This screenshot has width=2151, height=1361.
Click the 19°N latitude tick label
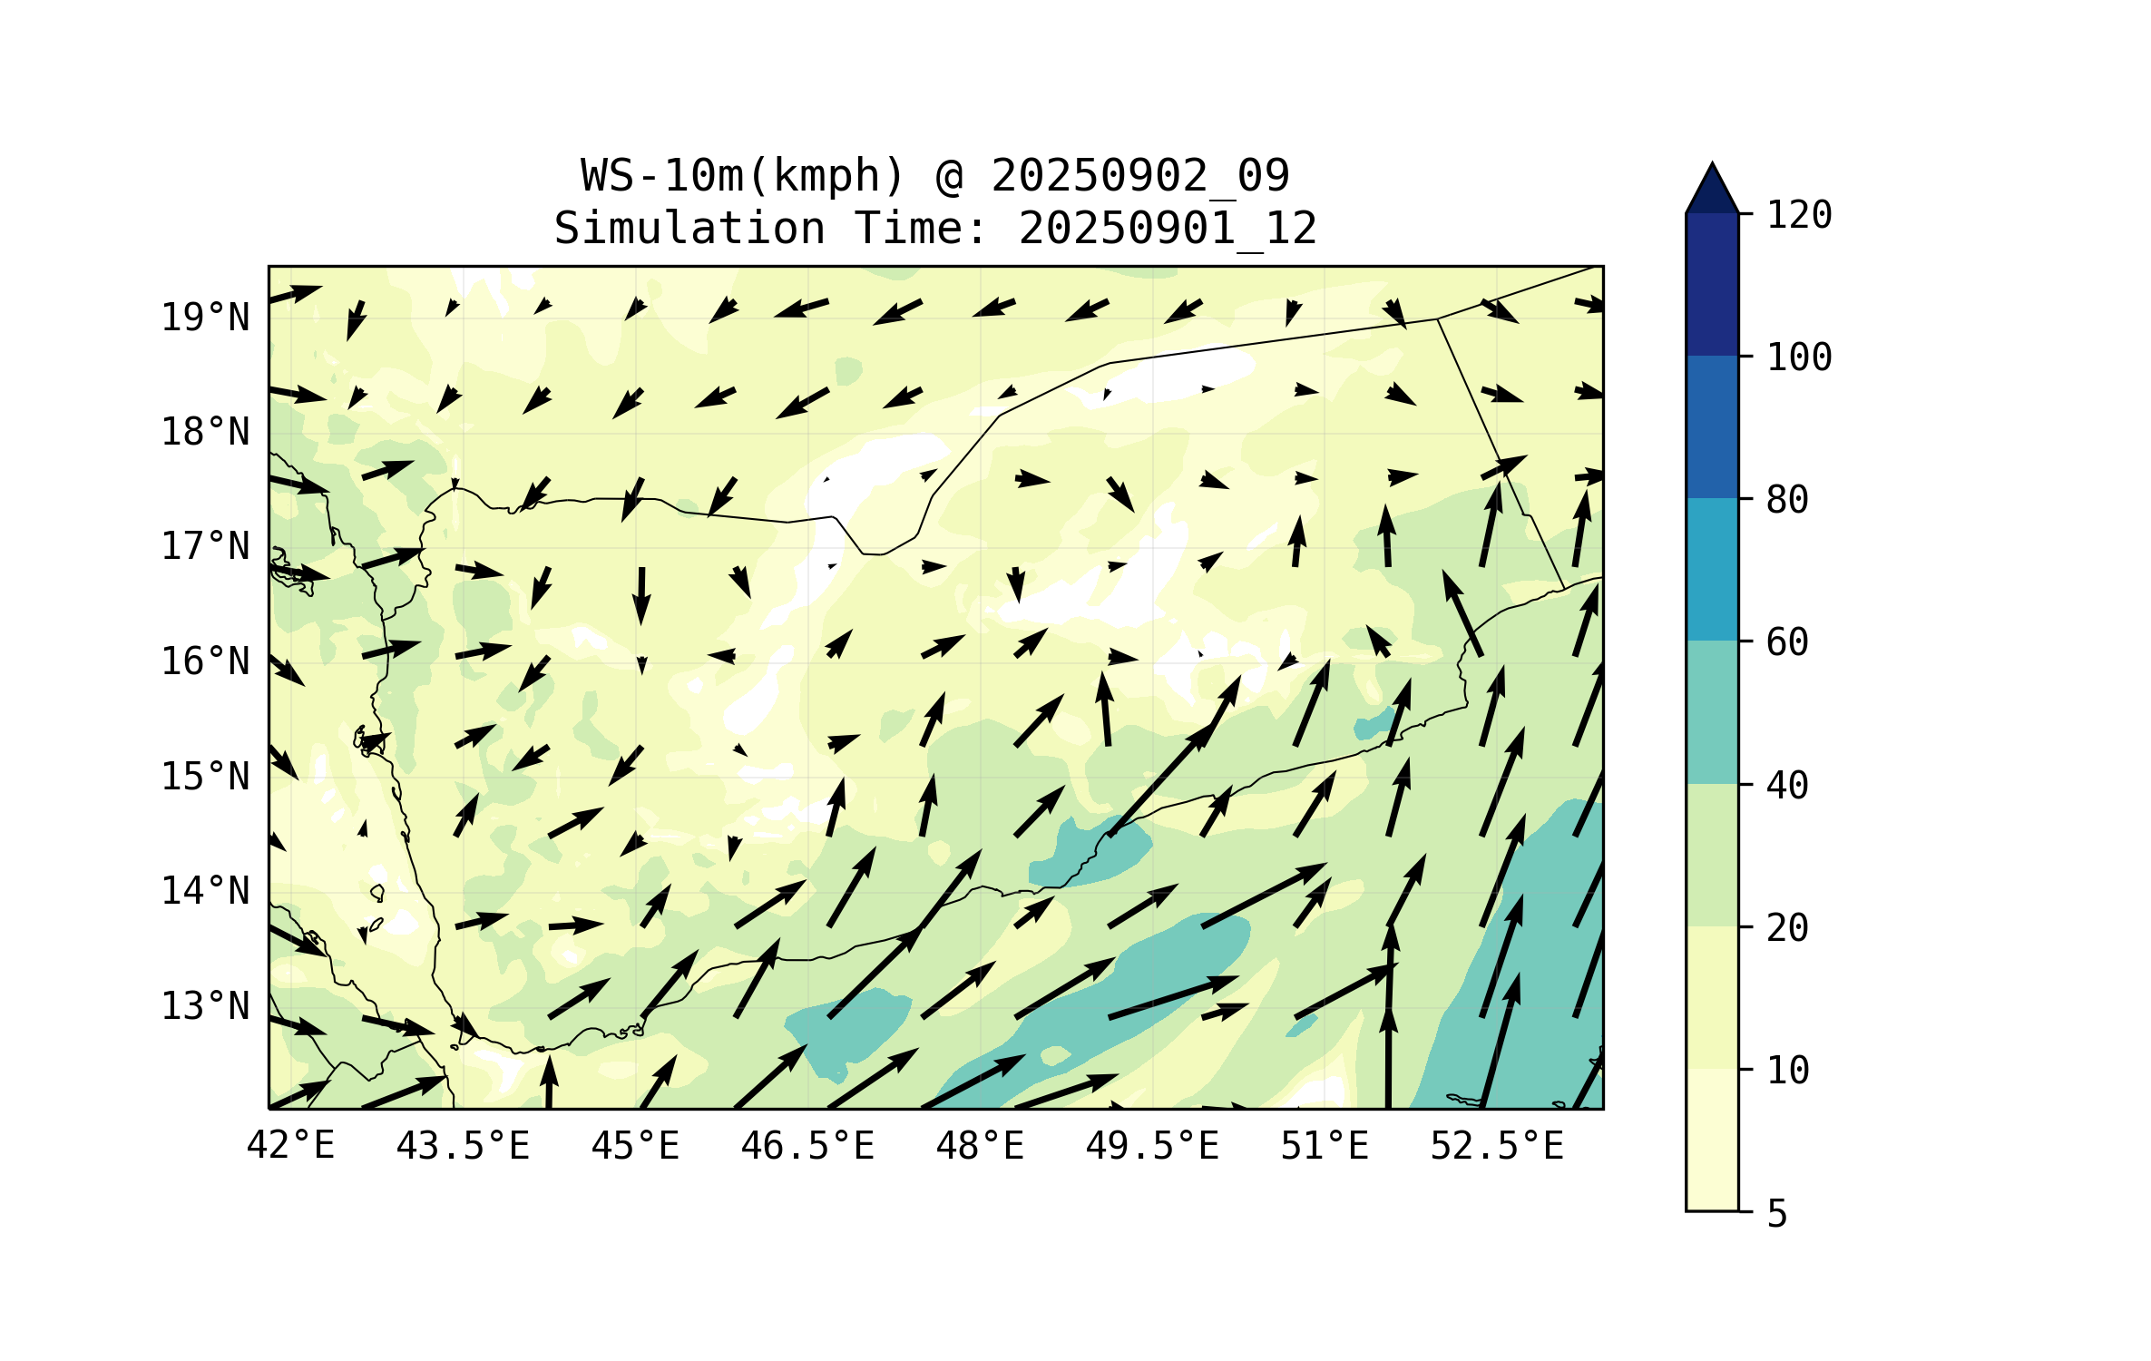(205, 318)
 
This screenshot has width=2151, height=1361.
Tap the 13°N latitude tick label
(205, 1006)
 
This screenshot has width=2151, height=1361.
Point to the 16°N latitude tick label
(205, 661)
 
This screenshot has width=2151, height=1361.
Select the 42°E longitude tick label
(290, 1146)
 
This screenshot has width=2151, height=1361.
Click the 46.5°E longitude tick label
(807, 1146)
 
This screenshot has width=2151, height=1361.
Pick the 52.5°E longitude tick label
(1497, 1146)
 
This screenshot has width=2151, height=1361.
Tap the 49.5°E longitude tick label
(1152, 1146)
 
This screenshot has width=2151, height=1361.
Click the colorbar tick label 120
(1799, 215)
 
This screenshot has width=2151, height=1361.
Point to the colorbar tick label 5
(1777, 1214)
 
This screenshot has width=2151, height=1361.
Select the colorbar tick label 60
(1787, 642)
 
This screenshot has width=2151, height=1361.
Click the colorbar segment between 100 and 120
(1712, 284)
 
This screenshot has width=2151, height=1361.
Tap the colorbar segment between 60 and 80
(1712, 569)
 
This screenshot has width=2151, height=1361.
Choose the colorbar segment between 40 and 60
(1712, 711)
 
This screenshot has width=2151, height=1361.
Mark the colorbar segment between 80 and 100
(1712, 426)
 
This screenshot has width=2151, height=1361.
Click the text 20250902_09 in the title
(1139, 176)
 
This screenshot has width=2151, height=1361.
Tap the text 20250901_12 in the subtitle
(1168, 229)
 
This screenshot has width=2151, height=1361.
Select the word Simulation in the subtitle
(689, 229)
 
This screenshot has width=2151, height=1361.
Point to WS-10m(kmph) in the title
(743, 176)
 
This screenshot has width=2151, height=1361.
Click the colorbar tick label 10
(1787, 1071)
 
